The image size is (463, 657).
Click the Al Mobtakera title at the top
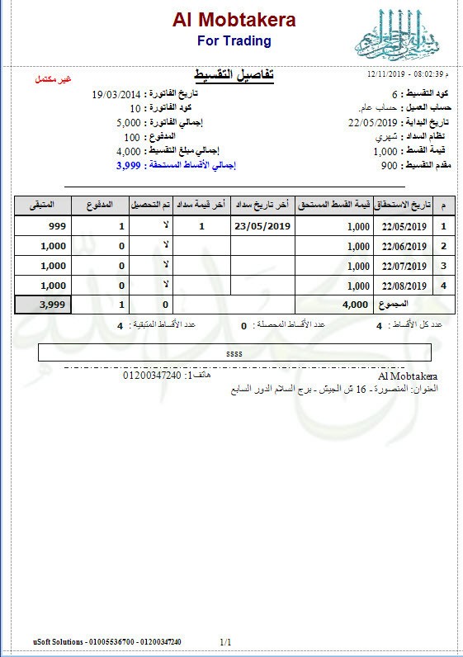click(234, 20)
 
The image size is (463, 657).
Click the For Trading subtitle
click(234, 40)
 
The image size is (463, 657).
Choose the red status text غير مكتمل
click(53, 80)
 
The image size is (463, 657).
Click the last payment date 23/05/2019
click(263, 225)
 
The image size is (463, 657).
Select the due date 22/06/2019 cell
click(403, 246)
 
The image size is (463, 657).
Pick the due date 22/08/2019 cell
click(403, 286)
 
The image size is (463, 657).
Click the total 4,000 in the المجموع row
click(353, 305)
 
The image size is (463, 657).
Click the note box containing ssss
click(234, 353)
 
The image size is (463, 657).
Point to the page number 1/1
click(226, 641)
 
